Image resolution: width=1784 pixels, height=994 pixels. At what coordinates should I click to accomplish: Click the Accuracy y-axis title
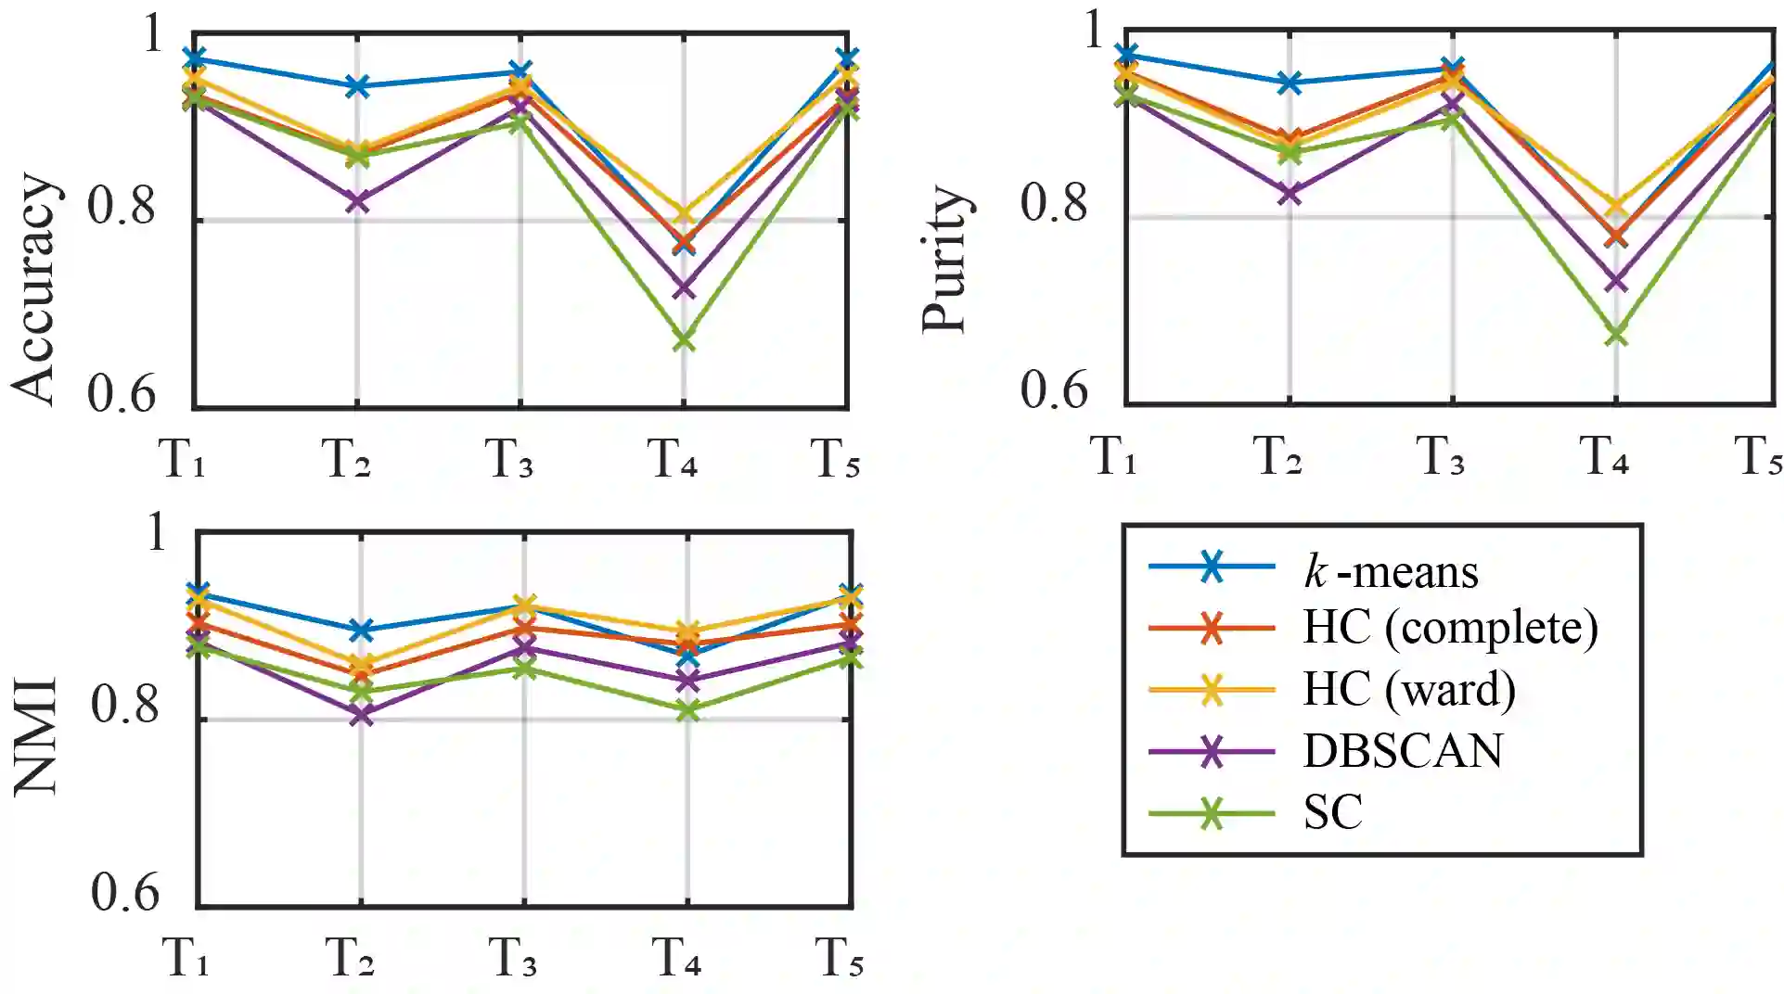click(35, 289)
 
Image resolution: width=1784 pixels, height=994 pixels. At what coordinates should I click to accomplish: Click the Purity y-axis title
click(946, 260)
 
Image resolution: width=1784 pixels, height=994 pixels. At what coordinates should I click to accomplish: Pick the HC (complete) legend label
click(1450, 628)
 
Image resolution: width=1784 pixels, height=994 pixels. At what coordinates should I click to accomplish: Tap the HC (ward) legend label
click(1408, 689)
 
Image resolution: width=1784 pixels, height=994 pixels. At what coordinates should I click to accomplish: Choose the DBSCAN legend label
click(1402, 750)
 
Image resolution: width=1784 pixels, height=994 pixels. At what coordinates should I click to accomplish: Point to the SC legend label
click(1332, 812)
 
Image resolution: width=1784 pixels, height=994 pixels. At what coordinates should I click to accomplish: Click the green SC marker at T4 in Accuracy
click(684, 340)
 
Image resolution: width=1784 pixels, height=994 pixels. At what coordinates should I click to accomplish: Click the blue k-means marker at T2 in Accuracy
click(357, 86)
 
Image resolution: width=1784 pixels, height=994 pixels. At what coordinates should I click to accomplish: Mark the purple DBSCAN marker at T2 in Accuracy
click(357, 201)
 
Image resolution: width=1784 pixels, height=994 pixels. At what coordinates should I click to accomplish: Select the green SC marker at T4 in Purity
click(1616, 335)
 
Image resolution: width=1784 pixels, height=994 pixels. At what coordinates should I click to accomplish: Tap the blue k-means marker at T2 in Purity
click(1290, 83)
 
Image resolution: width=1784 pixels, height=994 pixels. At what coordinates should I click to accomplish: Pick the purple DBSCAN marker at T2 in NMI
click(361, 714)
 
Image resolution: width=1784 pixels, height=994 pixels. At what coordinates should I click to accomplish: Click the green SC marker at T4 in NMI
click(687, 711)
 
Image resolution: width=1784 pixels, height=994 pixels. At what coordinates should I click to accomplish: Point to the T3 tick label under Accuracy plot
click(509, 459)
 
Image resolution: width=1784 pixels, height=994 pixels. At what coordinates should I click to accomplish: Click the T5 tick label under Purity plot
click(1758, 457)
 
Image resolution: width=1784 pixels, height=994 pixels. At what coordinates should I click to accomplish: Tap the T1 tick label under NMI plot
click(186, 958)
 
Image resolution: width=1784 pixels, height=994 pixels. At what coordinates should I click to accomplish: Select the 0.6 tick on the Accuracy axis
click(122, 394)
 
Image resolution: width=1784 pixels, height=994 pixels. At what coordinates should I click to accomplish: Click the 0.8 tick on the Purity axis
click(1054, 202)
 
